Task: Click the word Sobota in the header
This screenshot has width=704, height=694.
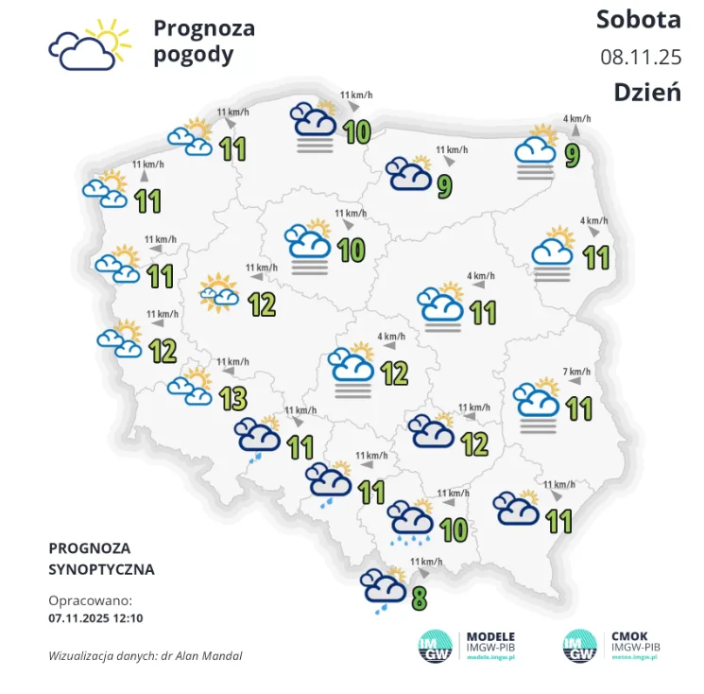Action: click(638, 19)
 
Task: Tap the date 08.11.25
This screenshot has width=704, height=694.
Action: click(641, 56)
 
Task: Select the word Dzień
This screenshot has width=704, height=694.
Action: click(647, 92)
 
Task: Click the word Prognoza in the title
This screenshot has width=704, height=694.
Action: click(203, 28)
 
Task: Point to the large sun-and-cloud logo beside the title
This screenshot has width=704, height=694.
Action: click(88, 45)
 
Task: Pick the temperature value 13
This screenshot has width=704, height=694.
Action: click(232, 399)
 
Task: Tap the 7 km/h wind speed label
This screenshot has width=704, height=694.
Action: click(576, 371)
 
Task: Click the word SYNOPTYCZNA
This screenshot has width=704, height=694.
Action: click(101, 570)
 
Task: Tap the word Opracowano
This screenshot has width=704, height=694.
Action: click(90, 600)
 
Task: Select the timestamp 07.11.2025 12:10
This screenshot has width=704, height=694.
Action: click(95, 618)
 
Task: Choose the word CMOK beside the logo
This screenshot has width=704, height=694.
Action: click(629, 635)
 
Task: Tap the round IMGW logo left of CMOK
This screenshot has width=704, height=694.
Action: click(581, 645)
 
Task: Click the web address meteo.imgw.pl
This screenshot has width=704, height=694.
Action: click(637, 655)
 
